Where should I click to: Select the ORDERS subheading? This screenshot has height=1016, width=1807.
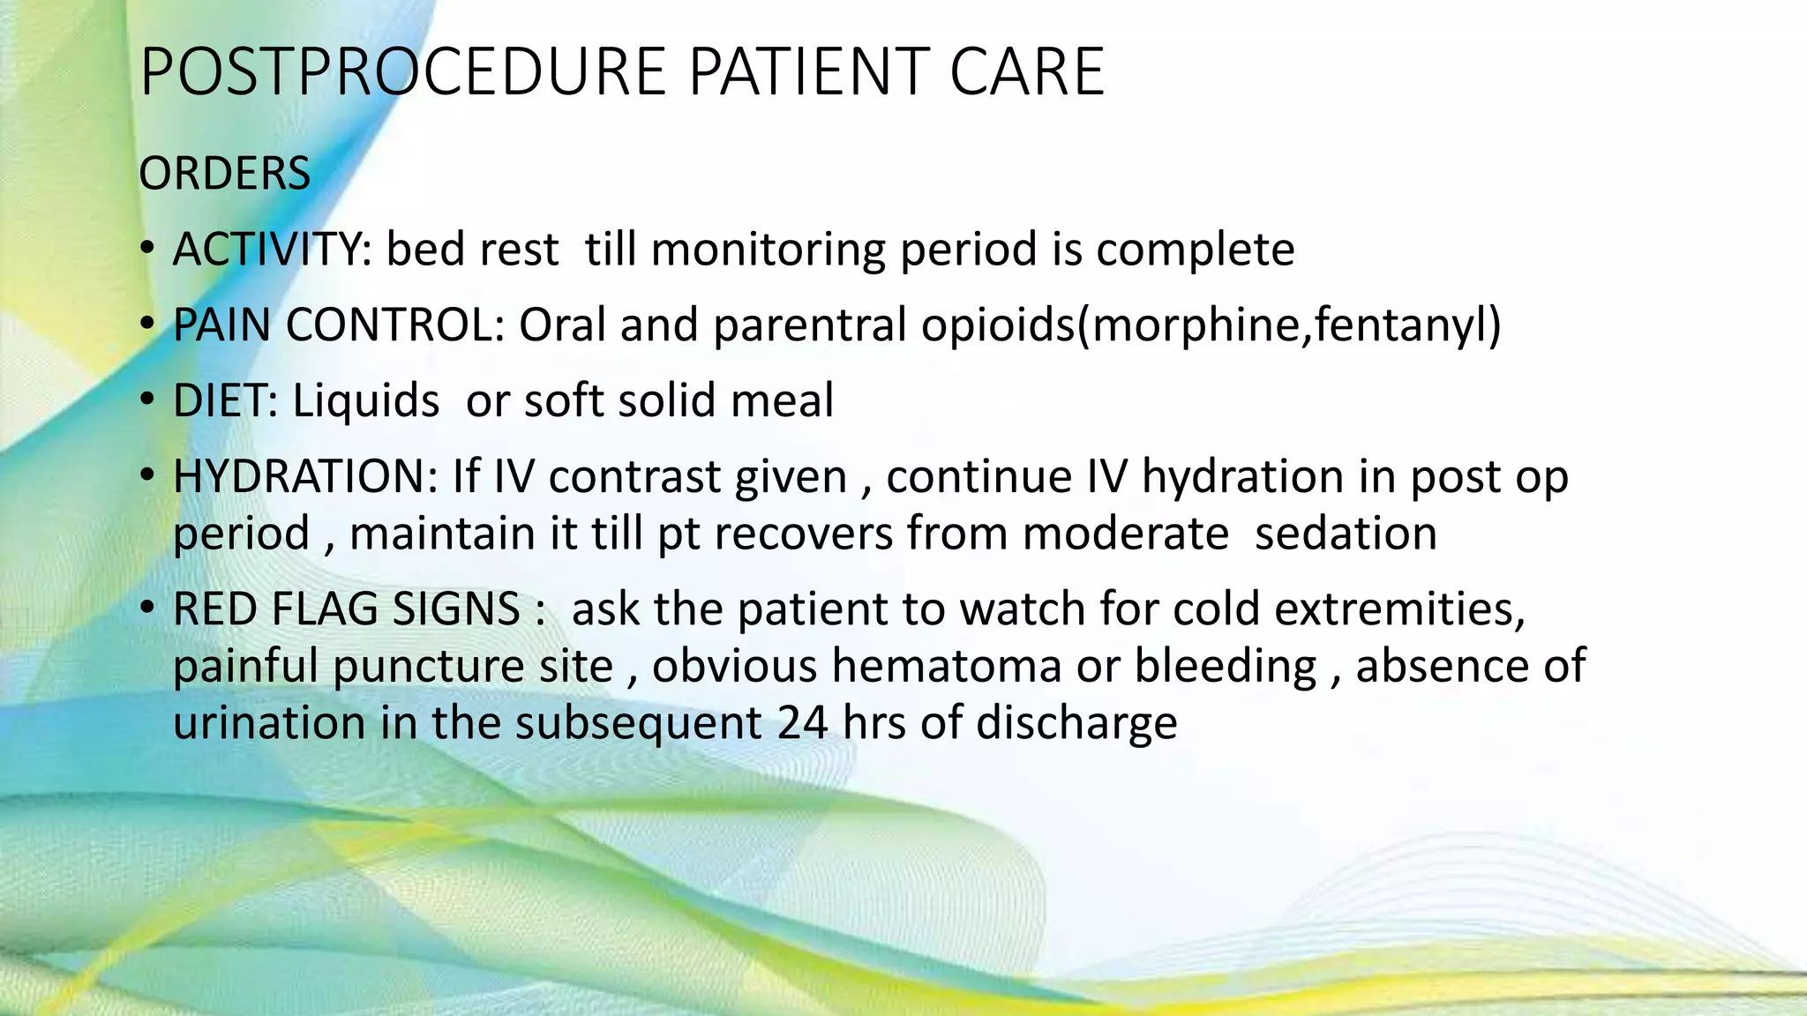224,173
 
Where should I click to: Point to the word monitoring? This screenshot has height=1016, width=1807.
768,249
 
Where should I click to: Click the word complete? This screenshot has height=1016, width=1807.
1195,249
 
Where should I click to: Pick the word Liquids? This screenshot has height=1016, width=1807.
365,400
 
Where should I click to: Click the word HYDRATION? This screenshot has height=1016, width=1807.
305,476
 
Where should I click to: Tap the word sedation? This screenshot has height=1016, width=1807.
1346,534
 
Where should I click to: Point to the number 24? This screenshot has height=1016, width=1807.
803,722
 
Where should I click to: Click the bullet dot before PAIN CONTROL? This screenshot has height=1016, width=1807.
147,325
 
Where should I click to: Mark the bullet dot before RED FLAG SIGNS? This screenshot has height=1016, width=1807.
147,609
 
